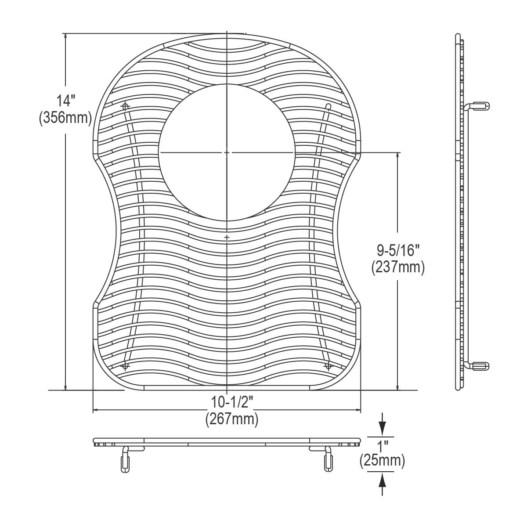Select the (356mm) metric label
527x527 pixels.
tap(65, 118)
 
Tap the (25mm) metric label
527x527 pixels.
tap(382, 461)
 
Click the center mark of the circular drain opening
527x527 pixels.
tap(226, 152)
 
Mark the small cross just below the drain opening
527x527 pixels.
tap(227, 237)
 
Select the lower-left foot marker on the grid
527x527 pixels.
tap(126, 365)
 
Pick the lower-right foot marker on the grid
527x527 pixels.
tap(327, 365)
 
